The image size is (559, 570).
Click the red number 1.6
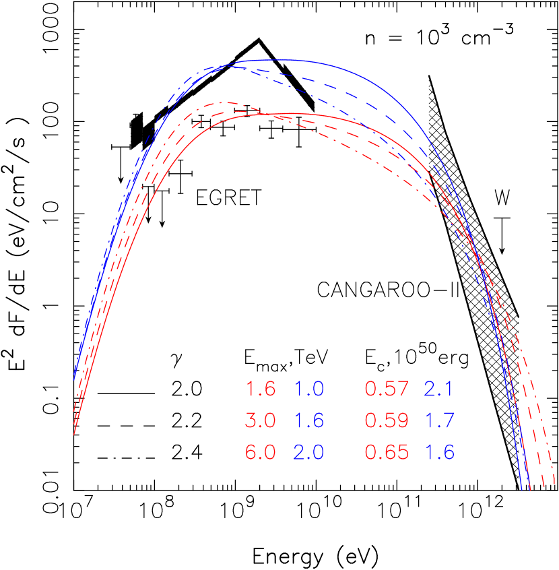click(261, 389)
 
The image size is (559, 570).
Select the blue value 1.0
click(309, 389)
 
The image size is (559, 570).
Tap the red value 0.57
click(387, 389)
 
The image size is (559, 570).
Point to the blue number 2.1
click(439, 389)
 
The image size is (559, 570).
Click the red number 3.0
click(261, 421)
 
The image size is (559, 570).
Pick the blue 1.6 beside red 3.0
click(309, 421)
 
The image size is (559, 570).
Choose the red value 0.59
click(387, 421)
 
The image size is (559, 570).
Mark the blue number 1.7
click(439, 421)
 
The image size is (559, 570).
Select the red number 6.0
click(261, 453)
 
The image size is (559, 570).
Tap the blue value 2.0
click(309, 453)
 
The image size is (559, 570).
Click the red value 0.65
click(387, 453)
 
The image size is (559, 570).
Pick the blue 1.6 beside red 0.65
click(439, 453)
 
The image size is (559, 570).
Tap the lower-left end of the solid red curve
click(73, 435)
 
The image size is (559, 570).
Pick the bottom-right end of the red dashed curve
click(542, 486)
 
